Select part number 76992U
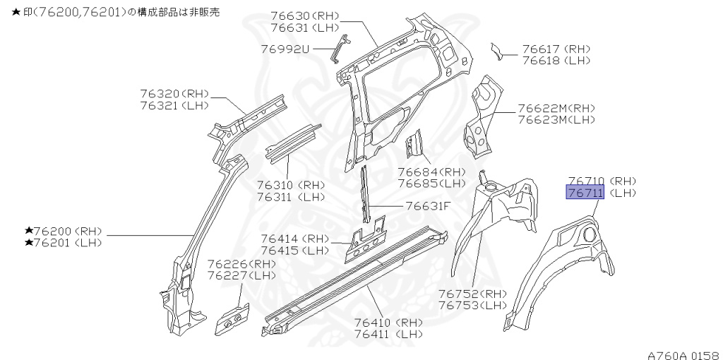285,49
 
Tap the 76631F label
428,207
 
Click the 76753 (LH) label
472,305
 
